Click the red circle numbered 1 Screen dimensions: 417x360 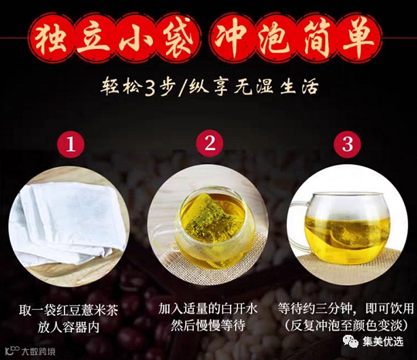tap(71, 144)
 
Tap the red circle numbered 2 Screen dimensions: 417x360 tap(210, 143)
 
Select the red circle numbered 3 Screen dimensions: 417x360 tap(348, 144)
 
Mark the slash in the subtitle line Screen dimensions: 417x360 tap(183, 88)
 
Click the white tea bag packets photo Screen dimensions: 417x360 tap(69, 223)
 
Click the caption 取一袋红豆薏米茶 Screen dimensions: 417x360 tap(68, 310)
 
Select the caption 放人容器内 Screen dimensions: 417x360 tap(68, 327)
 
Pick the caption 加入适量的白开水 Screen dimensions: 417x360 tap(208, 309)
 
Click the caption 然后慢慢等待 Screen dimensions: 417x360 tap(208, 326)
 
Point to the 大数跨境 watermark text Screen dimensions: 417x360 tap(38, 352)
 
